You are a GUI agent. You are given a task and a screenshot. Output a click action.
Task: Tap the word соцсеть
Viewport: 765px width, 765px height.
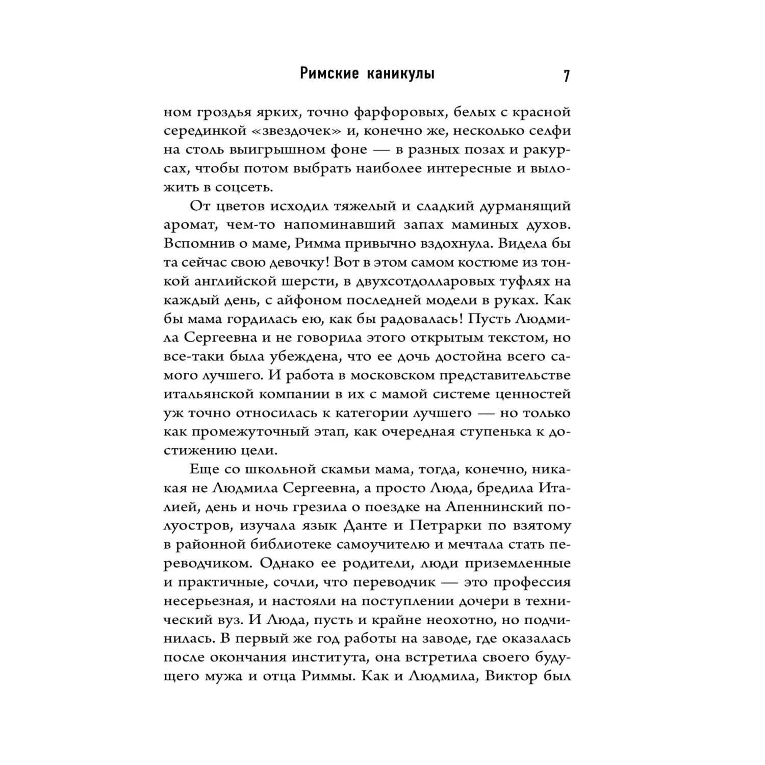[245, 187]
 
